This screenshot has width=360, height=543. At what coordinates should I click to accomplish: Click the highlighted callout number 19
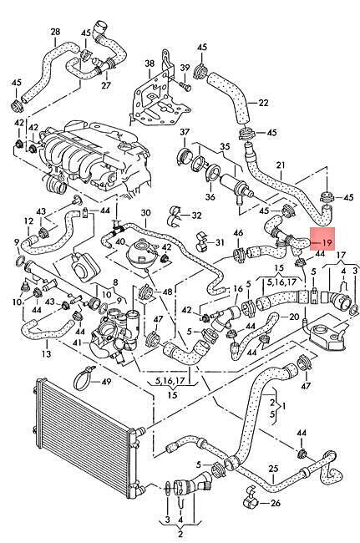[x=327, y=243]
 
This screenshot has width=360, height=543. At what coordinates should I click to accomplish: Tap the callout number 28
[x=55, y=33]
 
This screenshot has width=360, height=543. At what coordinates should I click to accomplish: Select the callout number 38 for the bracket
[x=150, y=63]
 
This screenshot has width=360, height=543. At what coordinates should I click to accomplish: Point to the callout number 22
[x=263, y=103]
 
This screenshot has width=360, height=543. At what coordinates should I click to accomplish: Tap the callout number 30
[x=145, y=213]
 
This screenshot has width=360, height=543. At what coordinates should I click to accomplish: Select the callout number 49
[x=106, y=382]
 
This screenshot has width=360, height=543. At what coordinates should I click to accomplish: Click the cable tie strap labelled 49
[x=84, y=378]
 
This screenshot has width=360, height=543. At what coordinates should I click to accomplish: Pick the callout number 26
[x=275, y=503]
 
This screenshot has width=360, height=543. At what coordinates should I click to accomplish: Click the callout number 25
[x=273, y=469]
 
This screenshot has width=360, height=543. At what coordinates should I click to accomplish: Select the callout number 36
[x=210, y=196]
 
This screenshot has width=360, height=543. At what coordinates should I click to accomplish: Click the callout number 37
[x=185, y=132]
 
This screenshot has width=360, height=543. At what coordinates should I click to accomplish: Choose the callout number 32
[x=196, y=216]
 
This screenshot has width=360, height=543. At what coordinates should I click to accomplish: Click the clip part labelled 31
[x=202, y=241]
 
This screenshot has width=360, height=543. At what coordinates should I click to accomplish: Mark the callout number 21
[x=281, y=165]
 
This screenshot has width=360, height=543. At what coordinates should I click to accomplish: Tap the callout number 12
[x=28, y=221]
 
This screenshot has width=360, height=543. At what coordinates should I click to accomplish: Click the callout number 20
[x=294, y=317]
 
